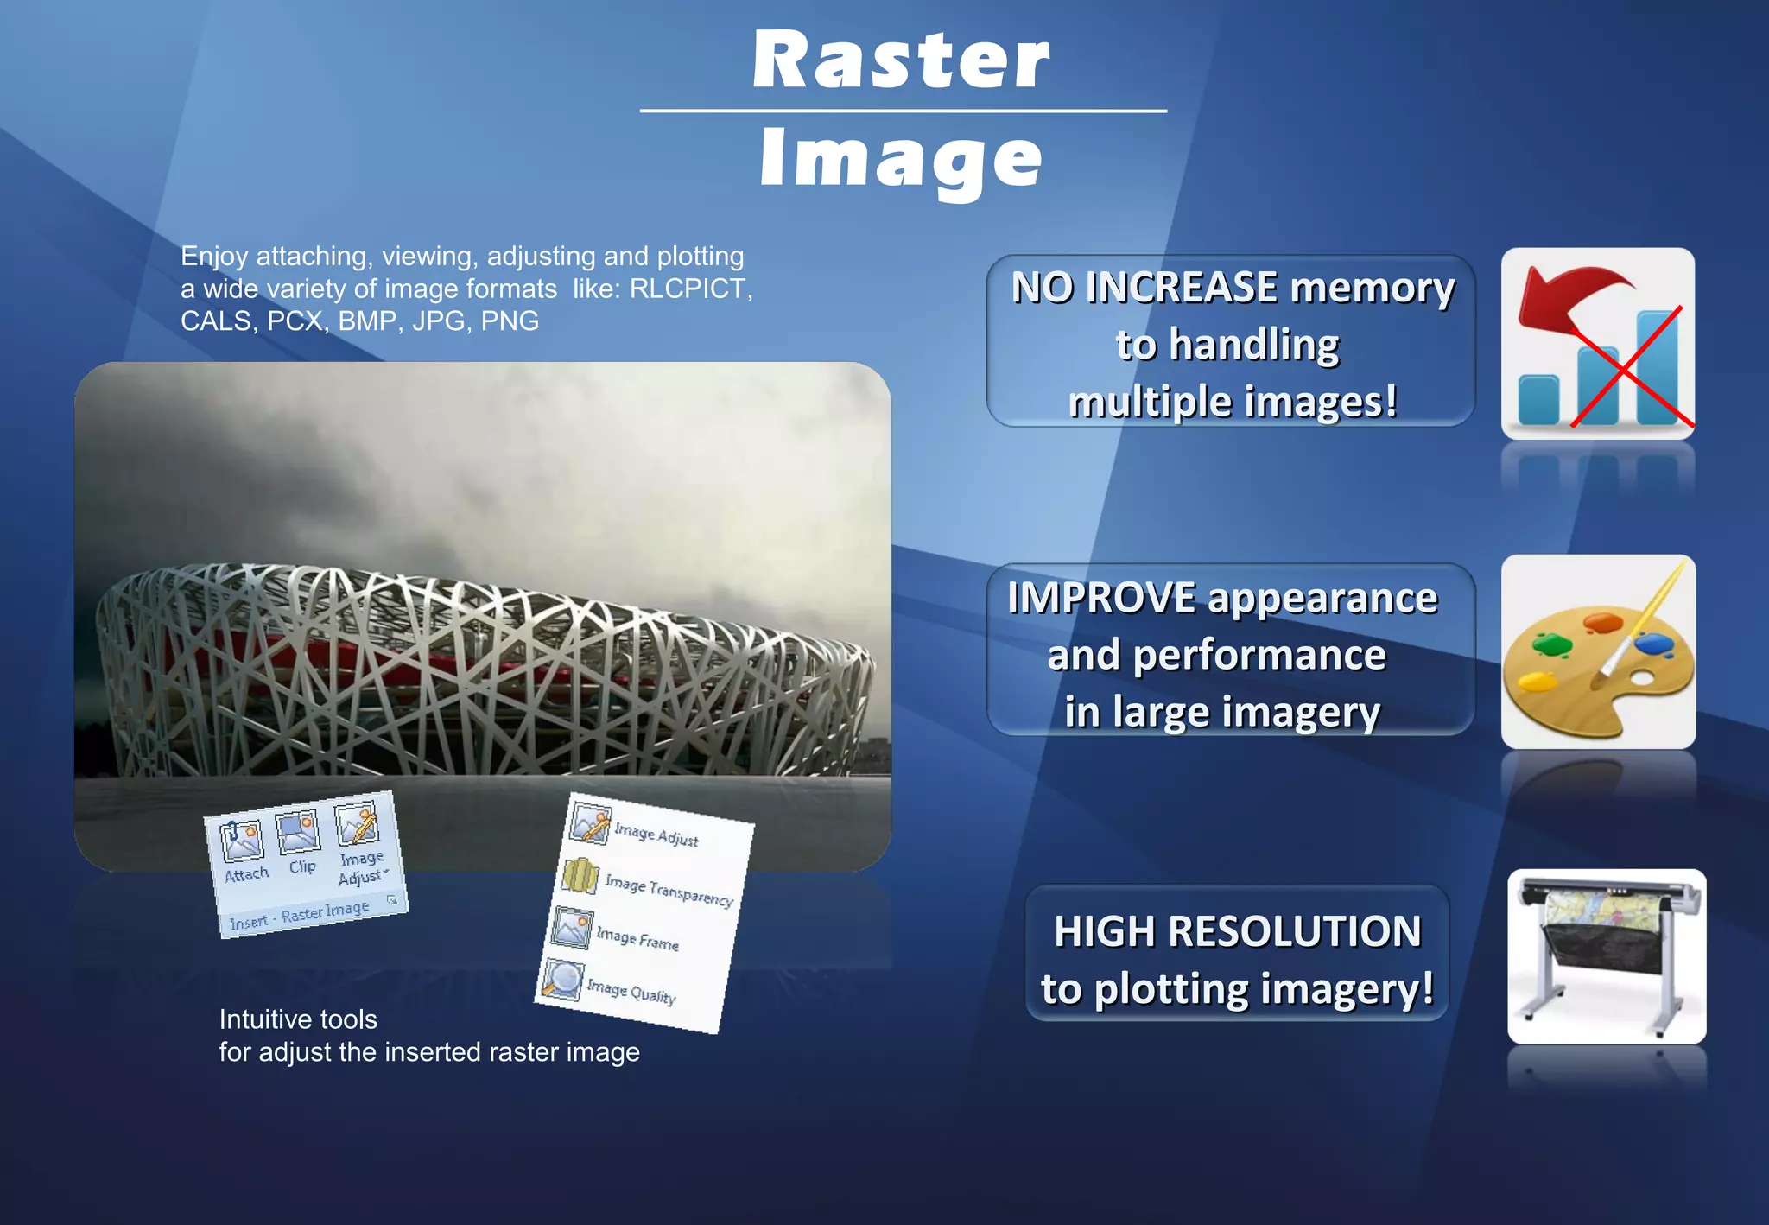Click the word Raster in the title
coord(901,60)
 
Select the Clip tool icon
coord(299,830)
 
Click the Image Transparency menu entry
coord(667,889)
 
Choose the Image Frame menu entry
coord(637,937)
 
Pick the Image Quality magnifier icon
coord(563,980)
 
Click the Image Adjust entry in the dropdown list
coord(656,835)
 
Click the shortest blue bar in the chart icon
coord(1538,399)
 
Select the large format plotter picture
coord(1606,955)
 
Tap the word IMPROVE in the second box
coord(1101,598)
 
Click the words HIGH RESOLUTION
coord(1237,931)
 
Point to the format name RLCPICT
coord(688,289)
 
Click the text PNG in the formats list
coord(510,321)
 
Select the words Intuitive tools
coord(298,1019)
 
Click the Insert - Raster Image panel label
coord(299,916)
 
